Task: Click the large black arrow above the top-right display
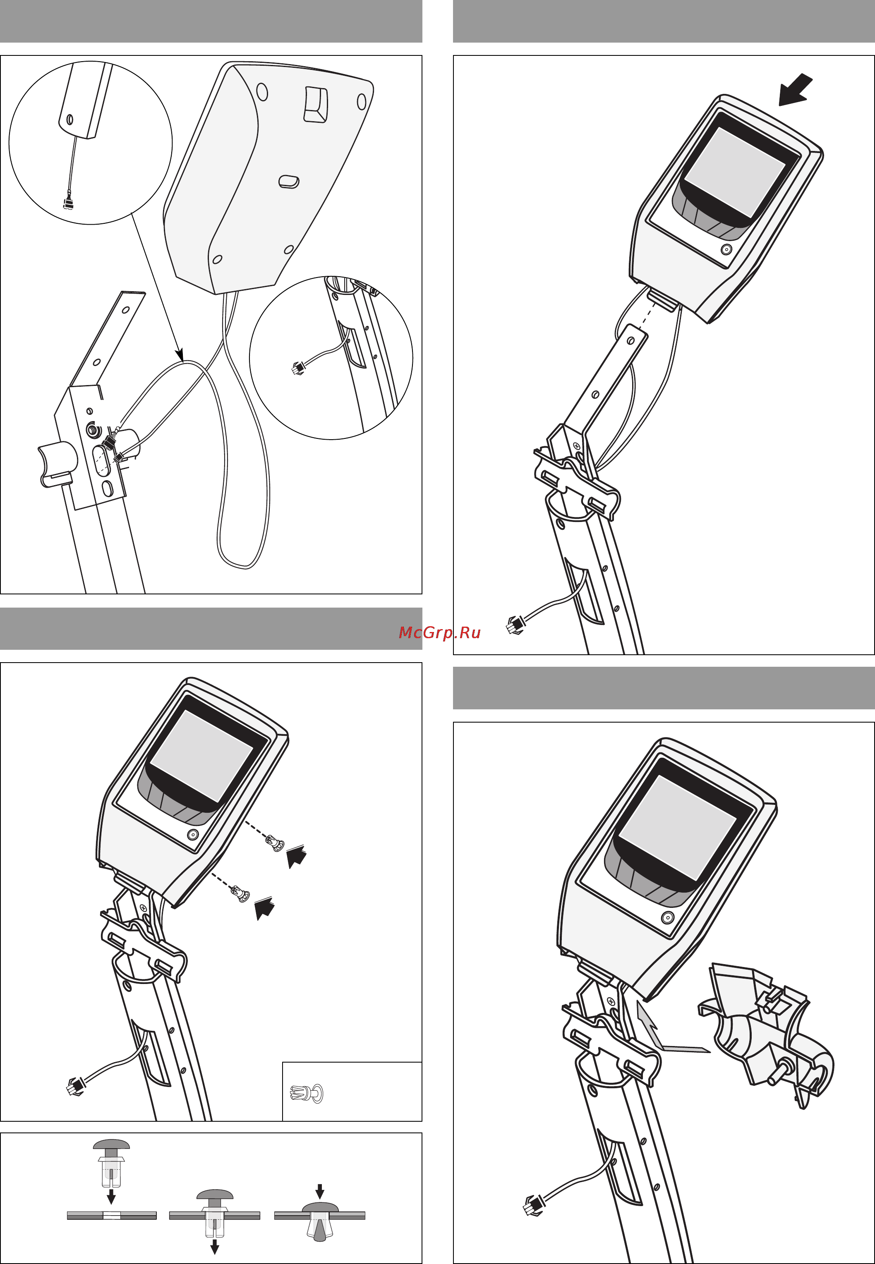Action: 796,89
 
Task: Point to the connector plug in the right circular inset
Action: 298,369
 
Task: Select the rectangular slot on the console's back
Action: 315,104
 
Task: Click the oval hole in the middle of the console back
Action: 288,182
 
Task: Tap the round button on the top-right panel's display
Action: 726,250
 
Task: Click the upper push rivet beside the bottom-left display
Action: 275,843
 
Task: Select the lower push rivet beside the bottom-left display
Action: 241,894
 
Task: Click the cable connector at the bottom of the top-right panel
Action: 515,625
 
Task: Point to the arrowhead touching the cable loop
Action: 179,354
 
